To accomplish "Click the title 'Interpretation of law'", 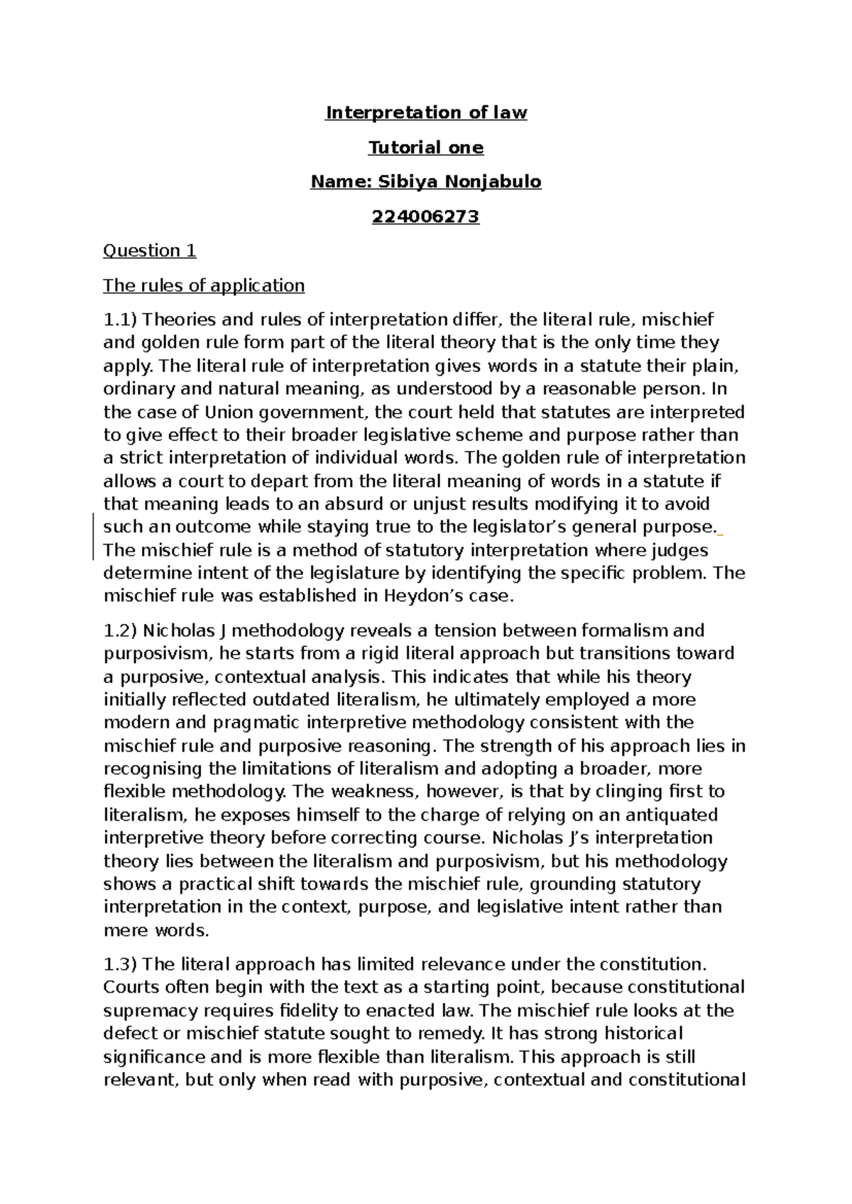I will pyautogui.click(x=426, y=113).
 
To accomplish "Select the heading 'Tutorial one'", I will pyautogui.click(x=426, y=148).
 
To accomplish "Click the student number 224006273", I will pyautogui.click(x=426, y=217).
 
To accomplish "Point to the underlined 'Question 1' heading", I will pyautogui.click(x=150, y=251).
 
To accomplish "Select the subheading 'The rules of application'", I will pyautogui.click(x=204, y=285).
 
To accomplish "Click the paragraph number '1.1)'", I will pyautogui.click(x=121, y=320).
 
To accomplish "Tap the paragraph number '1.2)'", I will pyautogui.click(x=121, y=630).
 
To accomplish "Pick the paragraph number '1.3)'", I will pyautogui.click(x=121, y=964).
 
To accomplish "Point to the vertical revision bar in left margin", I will pyautogui.click(x=93, y=527).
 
